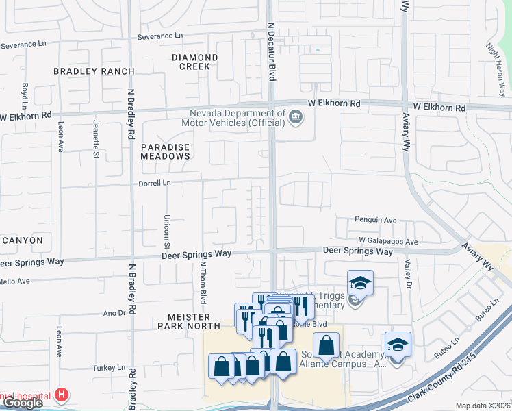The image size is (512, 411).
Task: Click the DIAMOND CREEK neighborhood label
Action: coord(195,62)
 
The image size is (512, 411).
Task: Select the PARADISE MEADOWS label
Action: coord(165,151)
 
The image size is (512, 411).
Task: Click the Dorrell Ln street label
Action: coord(155,183)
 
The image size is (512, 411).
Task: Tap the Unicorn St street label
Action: coord(166,226)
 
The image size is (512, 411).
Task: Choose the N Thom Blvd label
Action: coord(203,282)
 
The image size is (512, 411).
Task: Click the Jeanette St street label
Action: coord(95,138)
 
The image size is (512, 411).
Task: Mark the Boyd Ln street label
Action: coord(25,96)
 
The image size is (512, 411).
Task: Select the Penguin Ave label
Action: coord(376,220)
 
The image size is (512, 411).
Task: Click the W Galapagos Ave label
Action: coord(388,242)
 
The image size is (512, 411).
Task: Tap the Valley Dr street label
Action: coord(409,275)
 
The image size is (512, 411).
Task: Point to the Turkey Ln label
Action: coord(112,367)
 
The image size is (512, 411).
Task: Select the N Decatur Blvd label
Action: coord(271,51)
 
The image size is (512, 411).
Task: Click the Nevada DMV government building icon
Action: coord(296,117)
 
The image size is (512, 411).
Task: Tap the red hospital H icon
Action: coord(62,395)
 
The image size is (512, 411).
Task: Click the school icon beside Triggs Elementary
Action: coord(359,282)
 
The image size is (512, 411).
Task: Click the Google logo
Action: coord(23,403)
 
